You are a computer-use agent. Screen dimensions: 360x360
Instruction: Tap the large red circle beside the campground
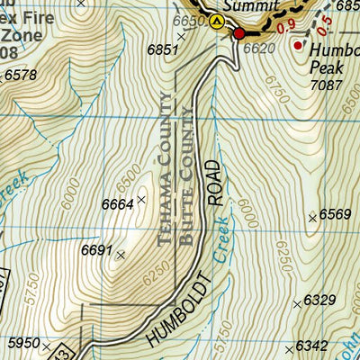(239, 34)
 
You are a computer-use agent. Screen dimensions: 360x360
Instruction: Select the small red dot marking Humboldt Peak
(298, 45)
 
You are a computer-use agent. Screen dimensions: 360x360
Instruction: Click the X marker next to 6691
(121, 255)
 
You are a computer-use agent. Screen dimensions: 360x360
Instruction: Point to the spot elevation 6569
(336, 214)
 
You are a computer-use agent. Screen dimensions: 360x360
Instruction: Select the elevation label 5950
(25, 343)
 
